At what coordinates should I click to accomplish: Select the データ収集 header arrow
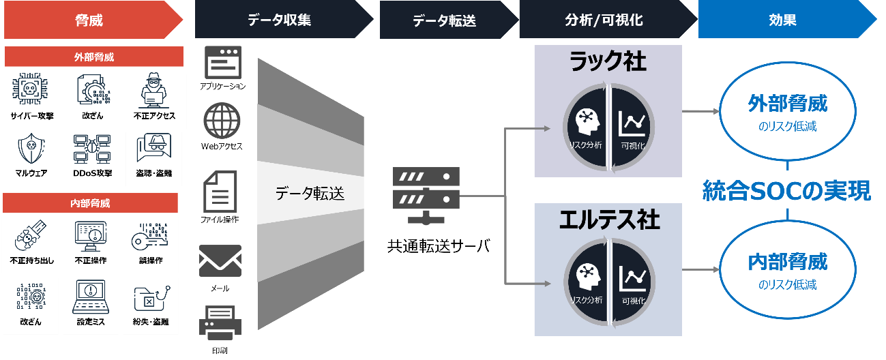coord(280,20)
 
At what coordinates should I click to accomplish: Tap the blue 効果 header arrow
coord(784,20)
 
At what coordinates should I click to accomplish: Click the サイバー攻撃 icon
coord(29,89)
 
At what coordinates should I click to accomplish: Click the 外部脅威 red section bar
coord(94,57)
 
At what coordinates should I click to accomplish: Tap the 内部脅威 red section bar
coord(90,203)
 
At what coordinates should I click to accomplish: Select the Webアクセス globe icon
coord(222,121)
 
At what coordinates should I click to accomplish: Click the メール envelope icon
coord(220,261)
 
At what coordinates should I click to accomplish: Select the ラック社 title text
coord(608,63)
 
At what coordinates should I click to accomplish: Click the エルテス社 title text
coord(609,220)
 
